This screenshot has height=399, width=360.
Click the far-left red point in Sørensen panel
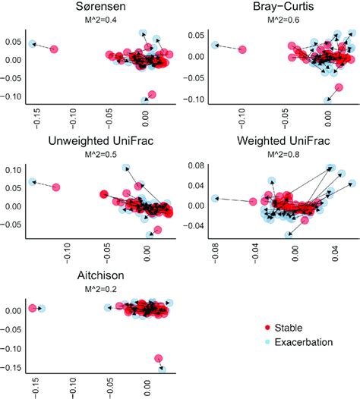tap(54, 49)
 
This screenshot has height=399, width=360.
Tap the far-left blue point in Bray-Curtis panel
tap(215, 46)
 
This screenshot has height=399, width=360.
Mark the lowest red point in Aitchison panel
tap(158, 359)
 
